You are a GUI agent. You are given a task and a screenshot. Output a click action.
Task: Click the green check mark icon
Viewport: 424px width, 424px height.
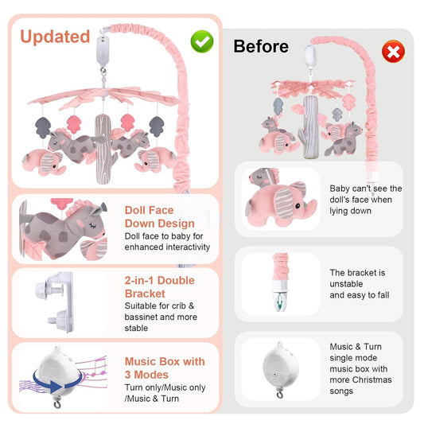pyautogui.click(x=202, y=41)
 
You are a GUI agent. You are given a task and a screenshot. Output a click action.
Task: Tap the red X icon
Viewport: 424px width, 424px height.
pyautogui.click(x=393, y=52)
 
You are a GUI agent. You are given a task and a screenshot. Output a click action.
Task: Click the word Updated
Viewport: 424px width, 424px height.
pyautogui.click(x=55, y=37)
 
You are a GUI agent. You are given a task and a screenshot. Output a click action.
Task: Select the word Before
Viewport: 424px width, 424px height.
pyautogui.click(x=261, y=46)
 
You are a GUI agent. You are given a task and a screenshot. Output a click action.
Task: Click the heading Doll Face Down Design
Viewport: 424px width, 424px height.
pyautogui.click(x=160, y=217)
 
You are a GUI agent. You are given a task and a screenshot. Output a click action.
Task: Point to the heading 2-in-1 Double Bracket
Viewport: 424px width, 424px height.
pyautogui.click(x=160, y=287)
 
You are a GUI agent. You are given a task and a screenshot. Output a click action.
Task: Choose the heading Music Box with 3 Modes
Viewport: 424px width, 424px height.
pyautogui.click(x=165, y=368)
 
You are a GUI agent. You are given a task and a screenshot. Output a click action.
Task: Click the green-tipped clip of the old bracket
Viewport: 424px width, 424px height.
pyautogui.click(x=280, y=301)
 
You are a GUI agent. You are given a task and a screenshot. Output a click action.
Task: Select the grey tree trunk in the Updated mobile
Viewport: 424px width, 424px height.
pyautogui.click(x=104, y=150)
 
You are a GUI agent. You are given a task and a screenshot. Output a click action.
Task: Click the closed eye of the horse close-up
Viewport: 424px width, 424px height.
pyautogui.click(x=92, y=225)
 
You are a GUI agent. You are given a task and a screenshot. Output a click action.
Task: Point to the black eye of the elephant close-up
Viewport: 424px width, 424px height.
pyautogui.click(x=298, y=206)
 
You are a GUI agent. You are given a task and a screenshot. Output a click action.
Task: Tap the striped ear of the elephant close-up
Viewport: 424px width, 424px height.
pyautogui.click(x=284, y=202)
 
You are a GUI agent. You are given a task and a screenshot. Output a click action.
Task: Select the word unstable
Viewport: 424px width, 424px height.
pyautogui.click(x=346, y=284)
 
